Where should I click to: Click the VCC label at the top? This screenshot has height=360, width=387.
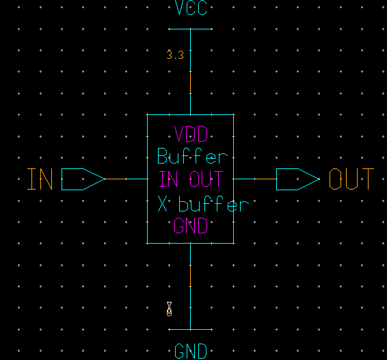pos(191,9)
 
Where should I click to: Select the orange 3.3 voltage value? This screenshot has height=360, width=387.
pos(175,55)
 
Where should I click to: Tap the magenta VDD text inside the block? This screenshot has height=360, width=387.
pos(191,133)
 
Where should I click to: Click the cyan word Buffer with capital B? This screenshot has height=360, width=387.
pos(191,156)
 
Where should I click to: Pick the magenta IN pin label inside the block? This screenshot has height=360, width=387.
pos(170,179)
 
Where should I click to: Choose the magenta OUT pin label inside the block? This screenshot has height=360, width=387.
pos(206,179)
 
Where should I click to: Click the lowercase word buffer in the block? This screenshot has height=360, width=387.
pos(213,204)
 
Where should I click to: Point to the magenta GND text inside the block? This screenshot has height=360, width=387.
pos(191,226)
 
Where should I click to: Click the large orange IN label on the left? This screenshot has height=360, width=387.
pos(40,179)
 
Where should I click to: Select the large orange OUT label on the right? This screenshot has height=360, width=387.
pos(351,179)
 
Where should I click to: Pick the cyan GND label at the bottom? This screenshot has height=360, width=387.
pos(191,352)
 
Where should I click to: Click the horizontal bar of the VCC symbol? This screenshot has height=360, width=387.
pos(191,29)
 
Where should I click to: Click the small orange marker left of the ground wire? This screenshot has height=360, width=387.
pos(170,309)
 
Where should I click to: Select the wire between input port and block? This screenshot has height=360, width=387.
pos(126,179)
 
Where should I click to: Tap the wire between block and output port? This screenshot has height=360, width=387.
pos(254,179)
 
